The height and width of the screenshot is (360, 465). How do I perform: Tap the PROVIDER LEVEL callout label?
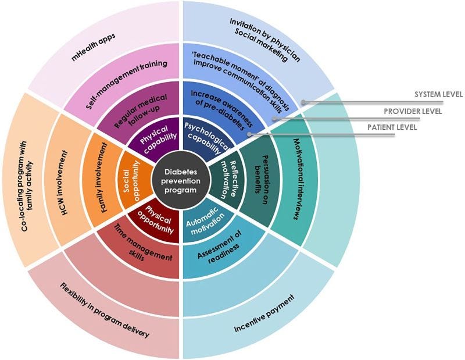[x=416, y=110]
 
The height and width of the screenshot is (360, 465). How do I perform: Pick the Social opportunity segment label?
[x=131, y=181]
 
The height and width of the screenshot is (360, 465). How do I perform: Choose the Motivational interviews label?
[x=297, y=179]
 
